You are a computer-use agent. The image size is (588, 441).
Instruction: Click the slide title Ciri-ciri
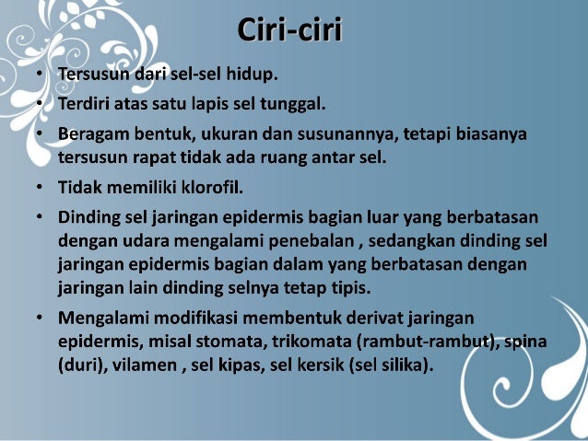click(290, 29)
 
